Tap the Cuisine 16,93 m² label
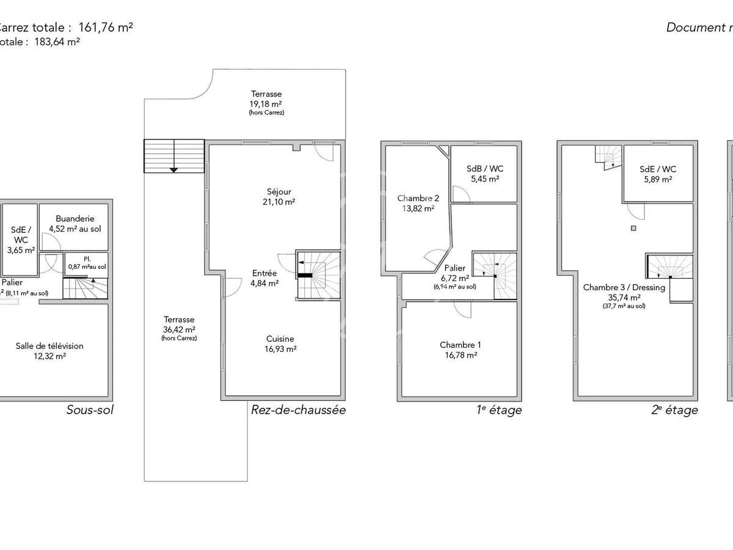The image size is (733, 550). [280, 344]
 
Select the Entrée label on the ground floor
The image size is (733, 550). [265, 278]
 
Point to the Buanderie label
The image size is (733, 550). [75, 224]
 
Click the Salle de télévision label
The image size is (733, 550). [49, 351]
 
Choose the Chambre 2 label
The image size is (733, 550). [418, 203]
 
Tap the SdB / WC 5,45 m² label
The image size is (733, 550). [484, 174]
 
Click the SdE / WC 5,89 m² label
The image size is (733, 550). [658, 174]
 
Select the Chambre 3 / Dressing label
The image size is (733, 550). [624, 292]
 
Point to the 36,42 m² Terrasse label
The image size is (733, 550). [179, 328]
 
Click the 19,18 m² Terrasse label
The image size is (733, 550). [266, 103]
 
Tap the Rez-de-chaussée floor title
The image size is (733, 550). [298, 410]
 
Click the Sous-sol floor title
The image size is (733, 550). [90, 410]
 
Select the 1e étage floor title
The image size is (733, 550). [499, 410]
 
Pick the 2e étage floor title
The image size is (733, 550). [674, 410]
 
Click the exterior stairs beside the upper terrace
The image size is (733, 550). [174, 156]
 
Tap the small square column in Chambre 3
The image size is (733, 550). [634, 229]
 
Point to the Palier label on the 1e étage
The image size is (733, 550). [455, 273]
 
